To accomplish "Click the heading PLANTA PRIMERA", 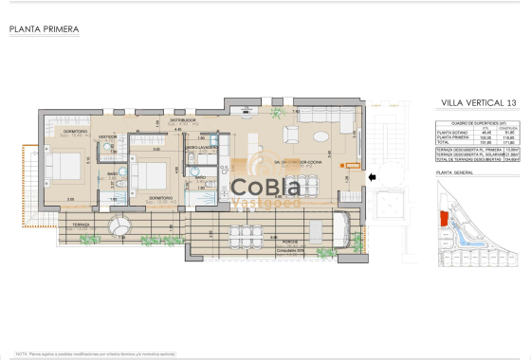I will (x=44, y=29).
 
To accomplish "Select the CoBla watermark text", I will (x=266, y=188).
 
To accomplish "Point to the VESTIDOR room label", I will (x=109, y=135).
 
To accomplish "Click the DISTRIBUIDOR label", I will (x=182, y=121).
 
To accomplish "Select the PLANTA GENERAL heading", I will (x=456, y=174).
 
